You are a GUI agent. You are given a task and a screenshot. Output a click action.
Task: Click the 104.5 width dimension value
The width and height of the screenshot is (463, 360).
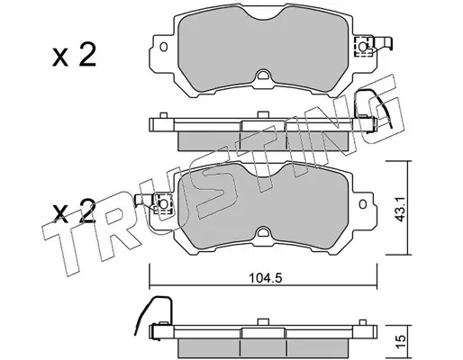(265, 279)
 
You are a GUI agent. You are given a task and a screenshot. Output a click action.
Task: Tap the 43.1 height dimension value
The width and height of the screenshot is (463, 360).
(400, 208)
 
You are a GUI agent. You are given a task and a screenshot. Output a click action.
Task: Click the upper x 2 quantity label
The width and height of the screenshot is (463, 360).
(74, 55)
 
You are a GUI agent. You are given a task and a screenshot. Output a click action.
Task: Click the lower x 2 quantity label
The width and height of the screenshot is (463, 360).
(74, 211)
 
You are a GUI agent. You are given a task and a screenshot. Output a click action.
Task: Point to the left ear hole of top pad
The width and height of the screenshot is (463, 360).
(164, 47)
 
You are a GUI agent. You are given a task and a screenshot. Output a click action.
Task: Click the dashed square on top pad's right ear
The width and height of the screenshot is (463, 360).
(363, 47)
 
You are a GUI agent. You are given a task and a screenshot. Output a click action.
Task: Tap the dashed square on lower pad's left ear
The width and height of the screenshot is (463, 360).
(163, 204)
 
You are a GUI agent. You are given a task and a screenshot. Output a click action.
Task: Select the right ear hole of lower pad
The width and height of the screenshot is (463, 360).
(363, 204)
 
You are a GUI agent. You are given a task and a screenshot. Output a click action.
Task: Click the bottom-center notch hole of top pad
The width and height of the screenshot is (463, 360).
(263, 75)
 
